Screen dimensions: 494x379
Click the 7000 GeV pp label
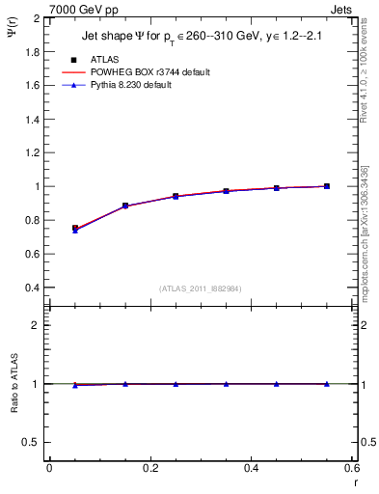point(84,10)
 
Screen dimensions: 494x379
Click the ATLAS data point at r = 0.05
point(75,229)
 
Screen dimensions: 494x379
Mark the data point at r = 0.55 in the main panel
point(327,186)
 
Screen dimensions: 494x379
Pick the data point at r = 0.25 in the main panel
point(176,196)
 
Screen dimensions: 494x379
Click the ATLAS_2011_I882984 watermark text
point(202,288)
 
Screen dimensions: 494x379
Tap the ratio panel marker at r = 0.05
point(75,385)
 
